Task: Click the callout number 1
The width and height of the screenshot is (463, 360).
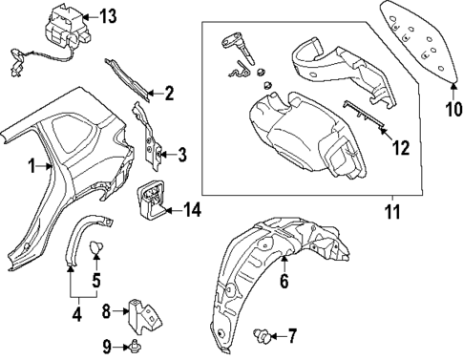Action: click(x=33, y=166)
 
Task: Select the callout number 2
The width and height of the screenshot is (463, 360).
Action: click(x=169, y=94)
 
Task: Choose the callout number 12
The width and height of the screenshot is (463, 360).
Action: click(x=402, y=149)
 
